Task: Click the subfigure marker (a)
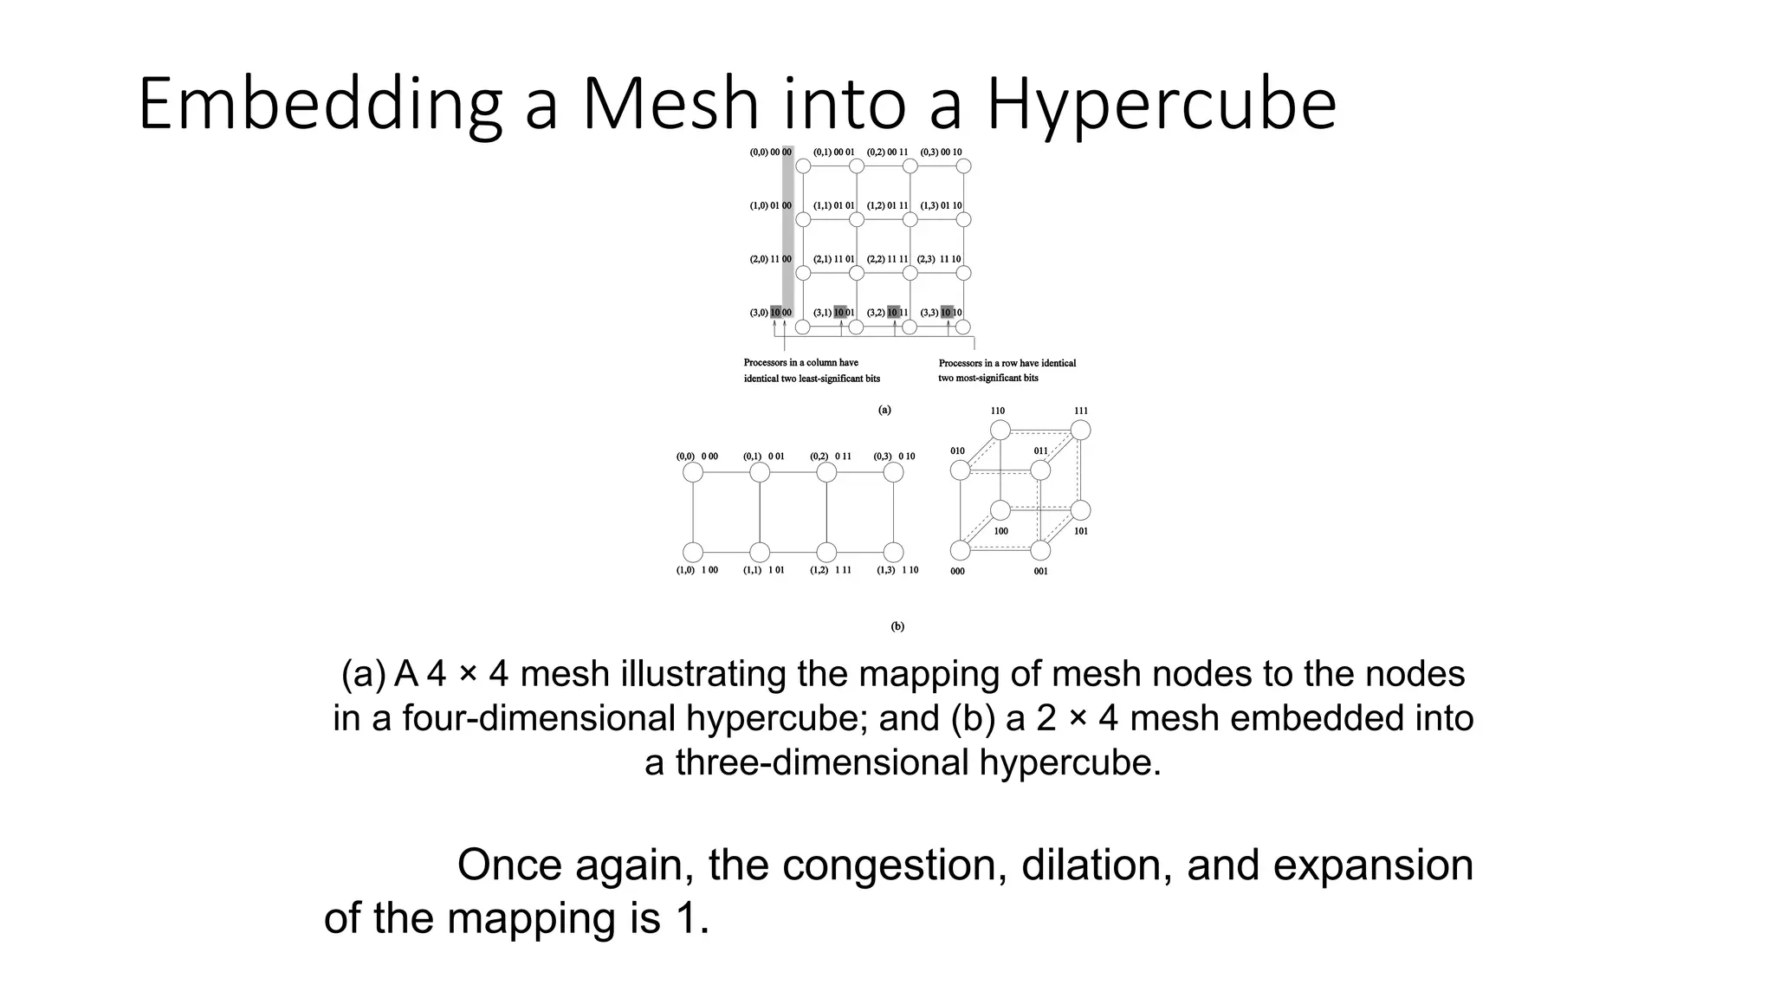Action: point(884,410)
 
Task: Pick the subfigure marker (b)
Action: point(897,626)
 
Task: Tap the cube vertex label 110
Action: point(998,411)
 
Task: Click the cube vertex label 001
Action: point(1040,572)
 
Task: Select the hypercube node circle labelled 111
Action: point(1080,430)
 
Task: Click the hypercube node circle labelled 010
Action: point(961,470)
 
